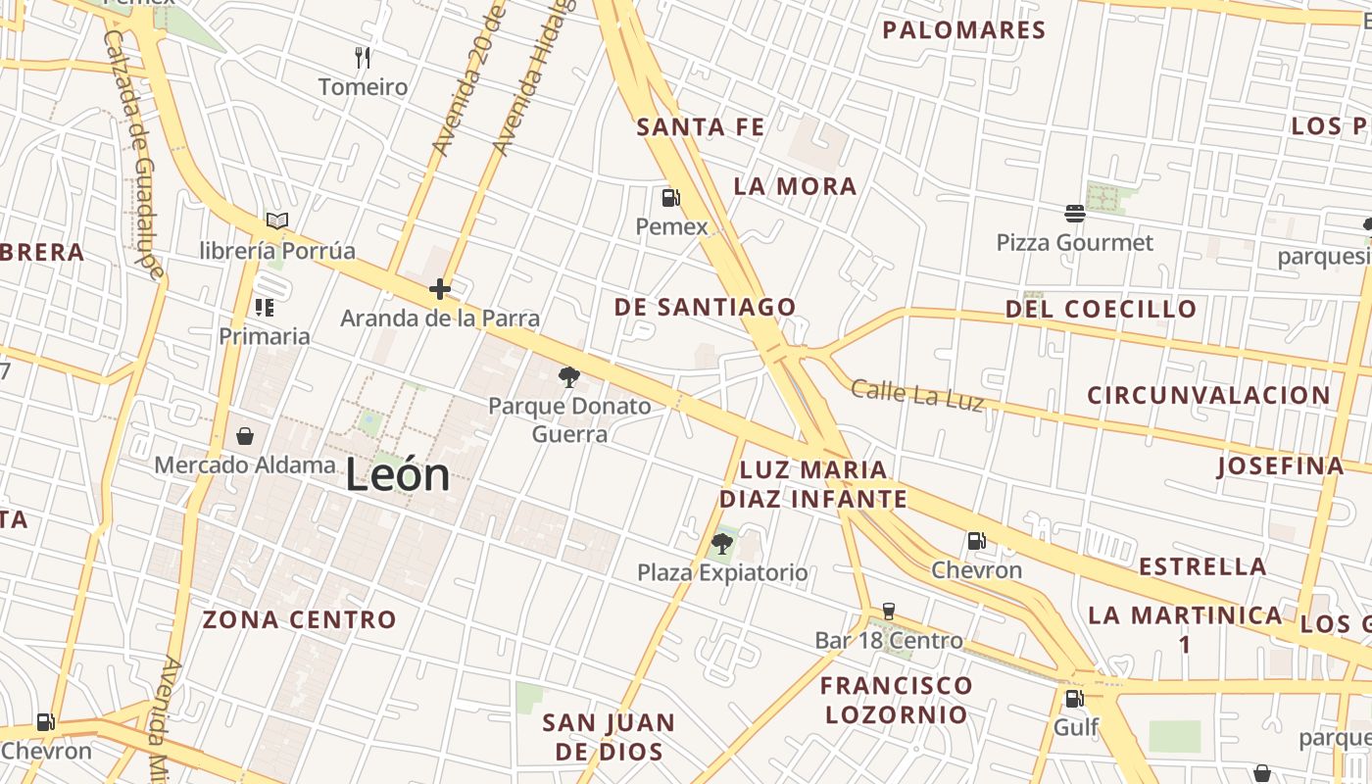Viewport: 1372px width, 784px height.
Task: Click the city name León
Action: coord(398,475)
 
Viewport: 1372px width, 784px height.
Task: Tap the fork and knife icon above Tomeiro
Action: coord(363,57)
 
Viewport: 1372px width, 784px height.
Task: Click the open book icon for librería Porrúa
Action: coord(277,221)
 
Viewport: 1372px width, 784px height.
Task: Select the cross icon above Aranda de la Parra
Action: coord(440,288)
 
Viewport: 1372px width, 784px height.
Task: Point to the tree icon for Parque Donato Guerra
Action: coord(568,376)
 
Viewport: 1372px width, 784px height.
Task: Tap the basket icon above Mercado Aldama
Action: coord(245,435)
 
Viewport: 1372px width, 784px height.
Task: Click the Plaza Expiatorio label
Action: coord(722,572)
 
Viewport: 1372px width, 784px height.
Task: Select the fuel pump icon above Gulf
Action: coord(1075,699)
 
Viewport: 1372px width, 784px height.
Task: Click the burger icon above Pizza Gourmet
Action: coord(1075,213)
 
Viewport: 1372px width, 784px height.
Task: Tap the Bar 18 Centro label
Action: coord(889,641)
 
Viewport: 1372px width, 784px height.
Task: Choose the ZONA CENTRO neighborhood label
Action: coord(299,619)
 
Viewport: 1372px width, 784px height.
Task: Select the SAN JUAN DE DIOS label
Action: coord(609,737)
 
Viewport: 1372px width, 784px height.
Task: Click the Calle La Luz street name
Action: coord(916,395)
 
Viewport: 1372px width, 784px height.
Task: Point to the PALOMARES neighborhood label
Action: coord(964,30)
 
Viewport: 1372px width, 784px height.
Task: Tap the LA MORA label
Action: coord(795,186)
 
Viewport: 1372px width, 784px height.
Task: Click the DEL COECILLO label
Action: coord(1101,310)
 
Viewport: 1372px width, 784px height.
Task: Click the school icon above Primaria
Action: coord(264,308)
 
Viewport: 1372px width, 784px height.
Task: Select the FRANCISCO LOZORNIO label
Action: coord(896,700)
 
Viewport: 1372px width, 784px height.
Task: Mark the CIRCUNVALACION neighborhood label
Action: coord(1208,396)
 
